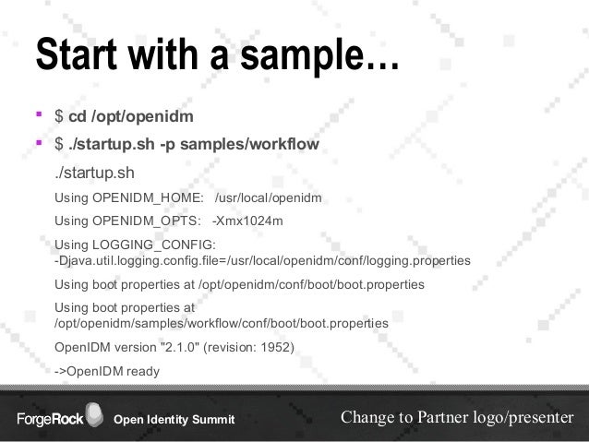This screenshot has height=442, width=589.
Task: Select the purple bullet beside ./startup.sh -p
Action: click(40, 144)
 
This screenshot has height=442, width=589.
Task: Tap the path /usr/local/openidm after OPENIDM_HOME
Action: click(268, 197)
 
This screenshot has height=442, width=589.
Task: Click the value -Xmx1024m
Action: click(247, 221)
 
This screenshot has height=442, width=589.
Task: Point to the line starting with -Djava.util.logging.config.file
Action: click(262, 261)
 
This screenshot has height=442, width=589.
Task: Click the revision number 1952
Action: click(277, 349)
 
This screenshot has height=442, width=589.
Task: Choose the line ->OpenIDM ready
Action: click(107, 372)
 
